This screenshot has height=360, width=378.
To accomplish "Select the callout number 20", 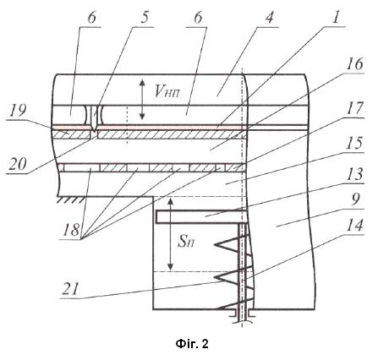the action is (x=18, y=164).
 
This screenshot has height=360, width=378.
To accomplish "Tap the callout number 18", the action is (x=71, y=230).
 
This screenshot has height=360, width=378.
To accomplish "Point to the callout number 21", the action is (x=70, y=289).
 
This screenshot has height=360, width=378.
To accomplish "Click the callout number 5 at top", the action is (x=144, y=18).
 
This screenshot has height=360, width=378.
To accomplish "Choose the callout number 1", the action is (x=335, y=18).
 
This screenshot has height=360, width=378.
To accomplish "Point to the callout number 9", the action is (x=356, y=199).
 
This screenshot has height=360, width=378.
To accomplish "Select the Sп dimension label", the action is (x=185, y=242).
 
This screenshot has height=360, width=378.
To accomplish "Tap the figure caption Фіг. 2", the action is (x=192, y=343).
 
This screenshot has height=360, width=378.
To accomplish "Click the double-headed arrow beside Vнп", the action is (x=142, y=99).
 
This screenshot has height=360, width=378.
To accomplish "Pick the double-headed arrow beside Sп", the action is (x=170, y=234).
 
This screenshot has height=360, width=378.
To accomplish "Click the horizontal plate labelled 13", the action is (x=201, y=217).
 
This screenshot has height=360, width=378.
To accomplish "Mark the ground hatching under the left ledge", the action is (x=71, y=199).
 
